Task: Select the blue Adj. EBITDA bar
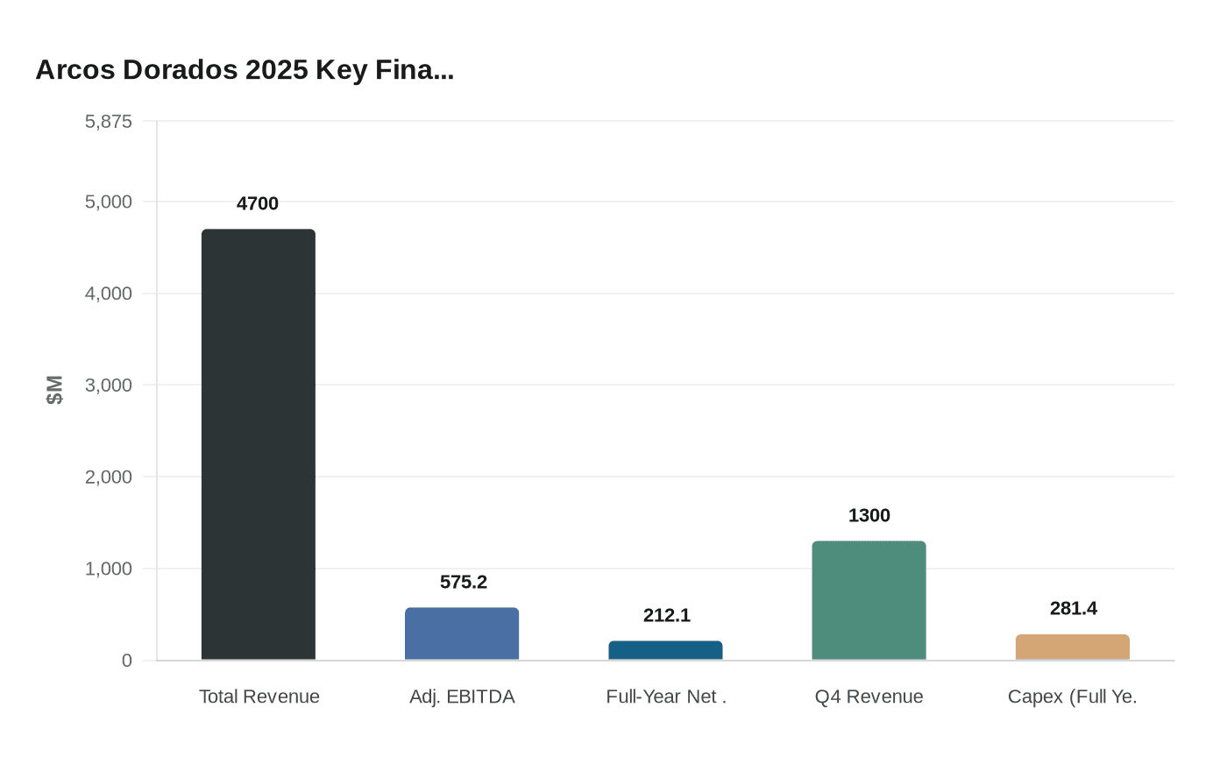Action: click(x=462, y=633)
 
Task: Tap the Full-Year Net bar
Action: click(x=666, y=650)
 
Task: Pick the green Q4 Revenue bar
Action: click(x=869, y=600)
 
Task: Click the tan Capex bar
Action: click(x=1073, y=647)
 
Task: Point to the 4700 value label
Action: click(x=258, y=203)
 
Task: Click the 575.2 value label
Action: click(x=464, y=582)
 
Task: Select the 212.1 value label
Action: click(x=667, y=615)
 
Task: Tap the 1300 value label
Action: click(x=869, y=515)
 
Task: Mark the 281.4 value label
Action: click(x=1074, y=608)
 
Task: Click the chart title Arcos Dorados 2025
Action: click(x=245, y=69)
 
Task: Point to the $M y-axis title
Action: click(x=54, y=390)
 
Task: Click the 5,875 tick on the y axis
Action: click(x=109, y=121)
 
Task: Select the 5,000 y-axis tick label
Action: click(x=109, y=202)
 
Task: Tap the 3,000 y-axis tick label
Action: click(x=109, y=385)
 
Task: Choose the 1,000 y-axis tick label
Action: click(x=109, y=569)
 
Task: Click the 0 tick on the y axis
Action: click(x=127, y=661)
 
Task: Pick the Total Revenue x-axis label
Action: click(x=259, y=697)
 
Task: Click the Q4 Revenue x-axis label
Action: click(x=869, y=697)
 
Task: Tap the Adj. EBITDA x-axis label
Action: click(x=462, y=697)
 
